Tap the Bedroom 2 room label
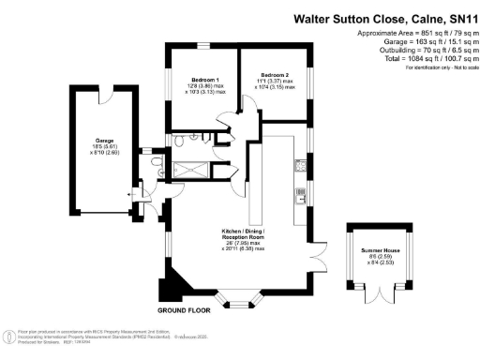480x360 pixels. pyautogui.click(x=275, y=73)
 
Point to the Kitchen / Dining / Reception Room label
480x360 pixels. pyautogui.click(x=243, y=231)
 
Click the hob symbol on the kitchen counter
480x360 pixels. pyautogui.click(x=302, y=198)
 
